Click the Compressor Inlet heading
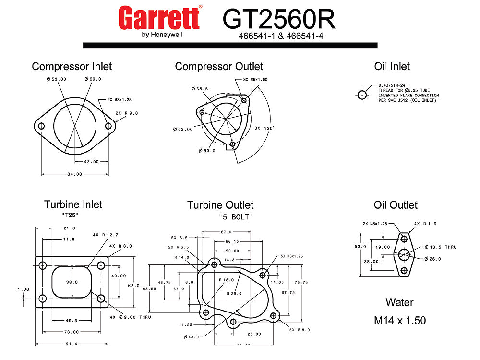click(72, 66)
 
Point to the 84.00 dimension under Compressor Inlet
click(74, 174)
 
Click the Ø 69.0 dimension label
click(93, 79)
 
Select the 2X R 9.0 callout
click(127, 113)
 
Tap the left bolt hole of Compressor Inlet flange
click(41, 126)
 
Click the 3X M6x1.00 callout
click(255, 79)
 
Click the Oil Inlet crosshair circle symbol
click(362, 95)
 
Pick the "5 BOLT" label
click(235, 217)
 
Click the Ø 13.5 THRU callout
click(441, 247)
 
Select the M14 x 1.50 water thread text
click(400, 320)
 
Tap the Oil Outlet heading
click(396, 205)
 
